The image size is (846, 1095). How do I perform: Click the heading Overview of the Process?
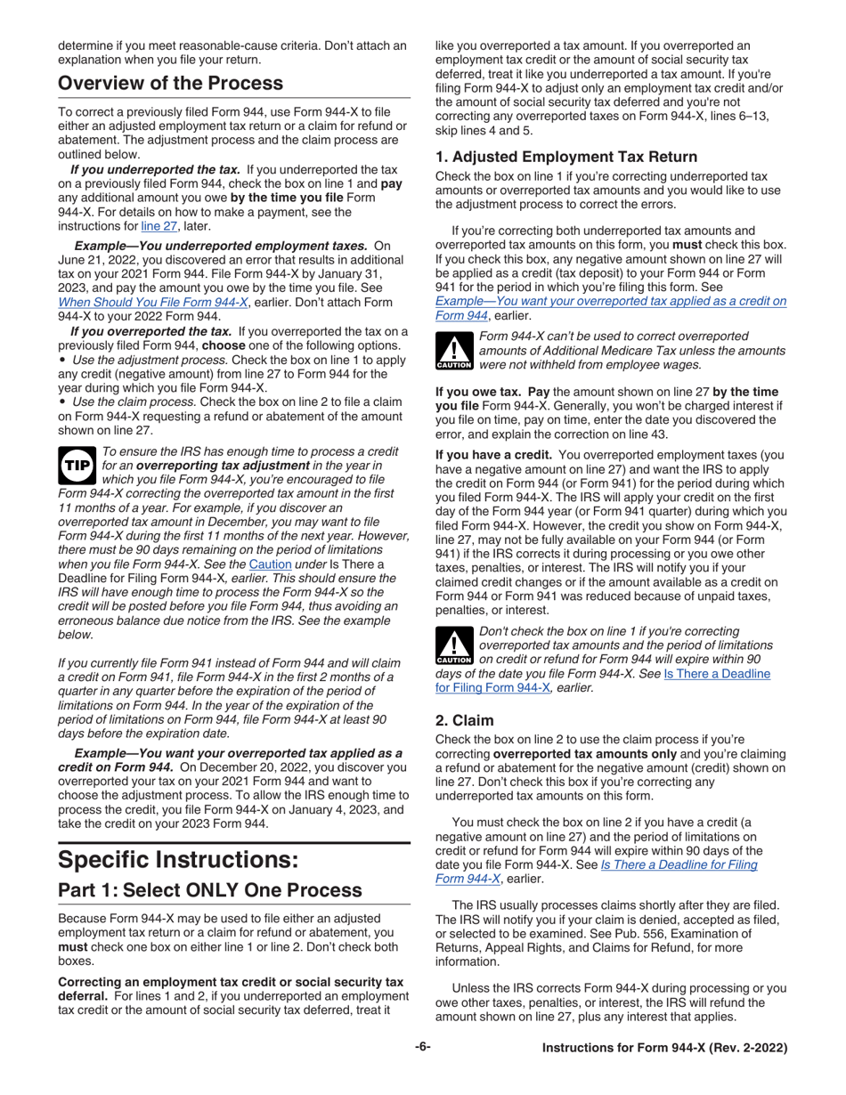click(x=171, y=84)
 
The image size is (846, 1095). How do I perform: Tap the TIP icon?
click(x=74, y=465)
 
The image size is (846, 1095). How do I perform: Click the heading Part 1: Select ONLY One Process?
click(x=210, y=890)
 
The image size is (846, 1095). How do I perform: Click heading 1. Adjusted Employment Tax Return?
click(x=566, y=157)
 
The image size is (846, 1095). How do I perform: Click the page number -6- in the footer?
click(x=422, y=1048)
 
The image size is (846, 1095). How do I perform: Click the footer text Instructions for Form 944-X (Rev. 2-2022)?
click(x=665, y=1049)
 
